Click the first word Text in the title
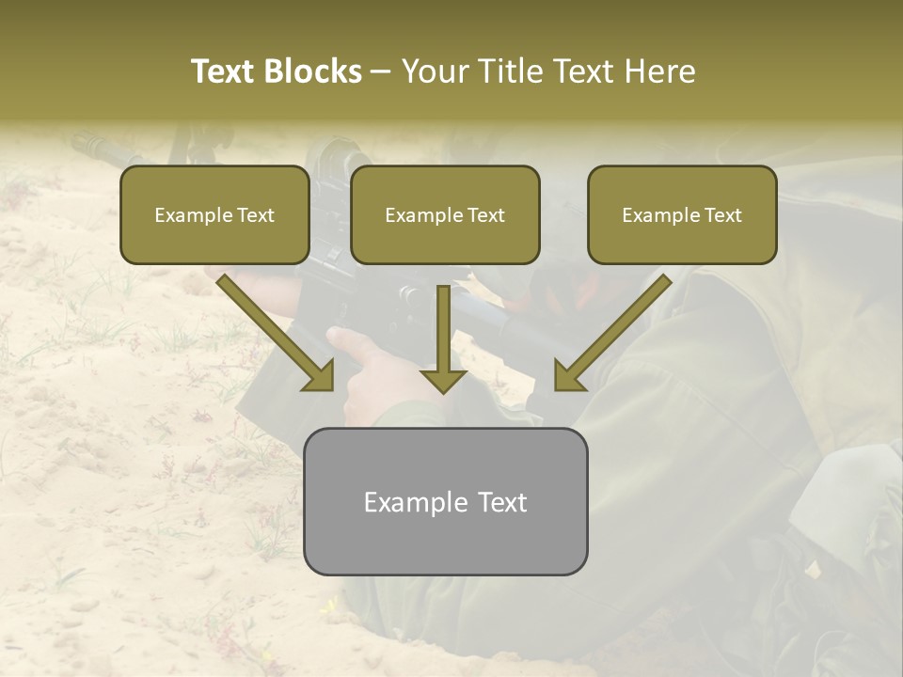tap(227, 71)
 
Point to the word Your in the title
tap(436, 71)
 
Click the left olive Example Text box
tap(214, 214)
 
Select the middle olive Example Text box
tap(445, 214)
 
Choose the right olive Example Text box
tap(682, 214)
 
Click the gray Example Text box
tap(445, 501)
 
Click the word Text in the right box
tap(721, 215)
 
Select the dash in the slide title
tap(381, 71)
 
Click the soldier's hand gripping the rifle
tap(376, 376)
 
